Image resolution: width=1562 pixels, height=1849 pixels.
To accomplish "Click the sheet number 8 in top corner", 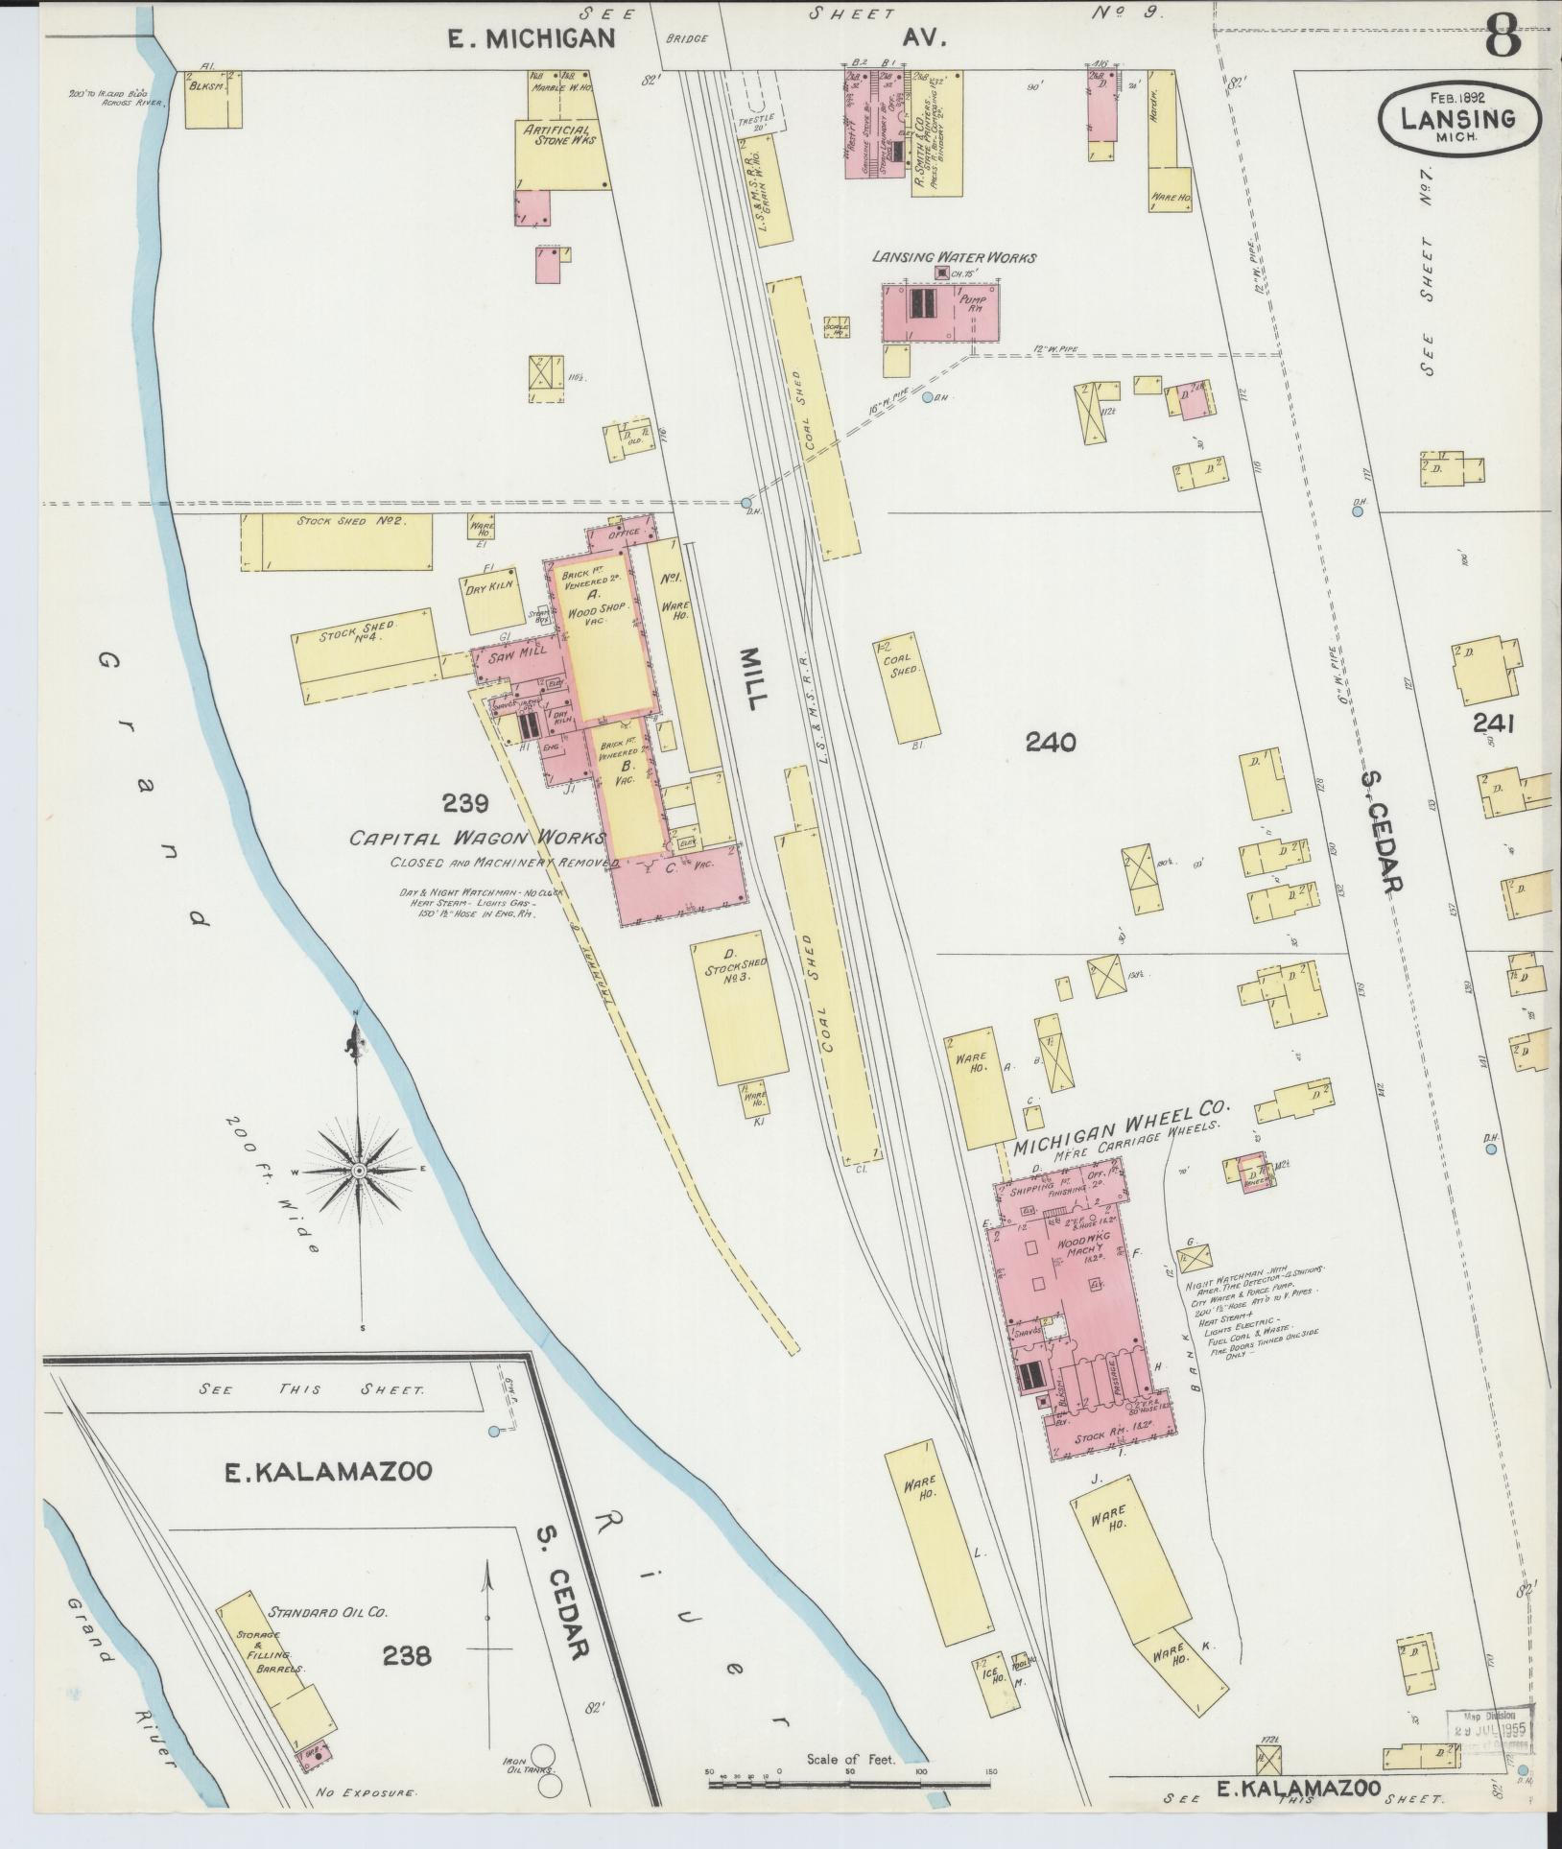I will (1504, 38).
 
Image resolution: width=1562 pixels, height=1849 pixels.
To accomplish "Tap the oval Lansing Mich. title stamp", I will (1458, 119).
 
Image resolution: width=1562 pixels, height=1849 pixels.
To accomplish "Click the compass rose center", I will (359, 1171).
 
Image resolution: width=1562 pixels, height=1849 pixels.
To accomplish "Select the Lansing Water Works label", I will (953, 257).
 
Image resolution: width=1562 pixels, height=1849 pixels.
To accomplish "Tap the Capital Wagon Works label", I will (476, 838).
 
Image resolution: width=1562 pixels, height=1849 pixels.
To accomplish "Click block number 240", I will (1050, 742).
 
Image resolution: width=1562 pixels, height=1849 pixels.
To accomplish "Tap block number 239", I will (465, 802).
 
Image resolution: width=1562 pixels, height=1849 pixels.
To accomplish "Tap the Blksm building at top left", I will (213, 98).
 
